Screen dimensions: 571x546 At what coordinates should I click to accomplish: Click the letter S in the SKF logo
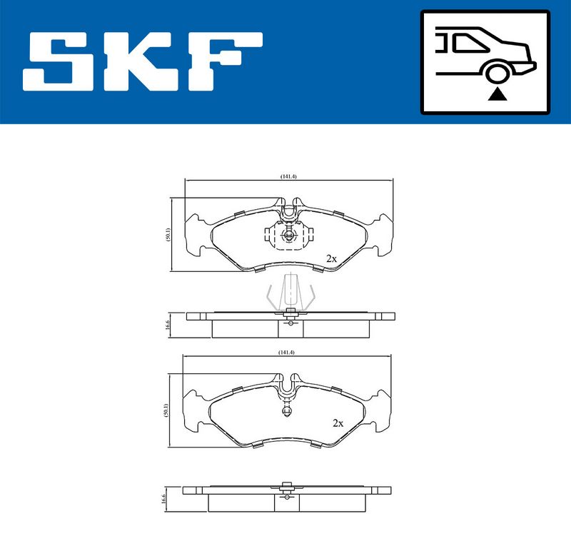[59, 61]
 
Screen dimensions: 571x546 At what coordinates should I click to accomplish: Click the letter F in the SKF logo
[225, 61]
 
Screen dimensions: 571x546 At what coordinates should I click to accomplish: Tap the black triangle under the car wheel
[497, 95]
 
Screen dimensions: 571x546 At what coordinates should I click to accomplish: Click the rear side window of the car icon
[468, 43]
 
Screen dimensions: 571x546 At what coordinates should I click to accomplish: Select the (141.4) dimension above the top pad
[288, 176]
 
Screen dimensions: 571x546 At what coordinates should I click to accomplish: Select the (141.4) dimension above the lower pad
[286, 353]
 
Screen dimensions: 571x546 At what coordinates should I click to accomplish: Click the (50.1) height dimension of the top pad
[167, 234]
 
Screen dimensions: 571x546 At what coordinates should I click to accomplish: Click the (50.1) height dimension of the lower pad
[166, 410]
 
